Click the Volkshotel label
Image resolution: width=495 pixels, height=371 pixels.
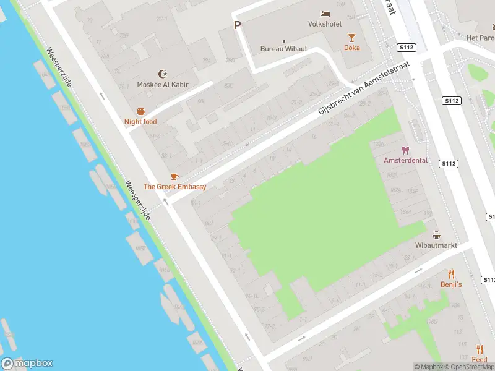coord(325,24)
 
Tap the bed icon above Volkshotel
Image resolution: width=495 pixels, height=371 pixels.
coord(325,14)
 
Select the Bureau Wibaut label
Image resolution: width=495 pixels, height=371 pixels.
coord(284,48)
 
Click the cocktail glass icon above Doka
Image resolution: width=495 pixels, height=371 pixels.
coord(352,37)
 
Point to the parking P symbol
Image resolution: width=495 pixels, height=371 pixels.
coord(236,25)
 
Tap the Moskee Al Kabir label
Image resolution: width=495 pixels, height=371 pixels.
coord(163,85)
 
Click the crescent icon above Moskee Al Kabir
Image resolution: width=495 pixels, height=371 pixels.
coord(163,74)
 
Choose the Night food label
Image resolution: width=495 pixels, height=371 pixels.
coord(140,122)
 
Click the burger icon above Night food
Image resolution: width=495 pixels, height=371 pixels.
coord(140,111)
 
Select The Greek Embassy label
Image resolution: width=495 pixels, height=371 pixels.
coord(174,187)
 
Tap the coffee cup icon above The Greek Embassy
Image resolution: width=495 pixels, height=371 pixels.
coord(174,176)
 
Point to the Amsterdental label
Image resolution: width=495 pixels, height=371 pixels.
coord(406,160)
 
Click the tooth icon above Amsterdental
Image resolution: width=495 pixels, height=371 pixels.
coord(406,150)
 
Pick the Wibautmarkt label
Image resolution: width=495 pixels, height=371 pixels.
coord(436,245)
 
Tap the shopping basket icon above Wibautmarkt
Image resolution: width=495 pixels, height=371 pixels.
coord(437,235)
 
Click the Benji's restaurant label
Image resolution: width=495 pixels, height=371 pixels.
coord(451,284)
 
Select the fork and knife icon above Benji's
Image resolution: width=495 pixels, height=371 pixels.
coord(451,273)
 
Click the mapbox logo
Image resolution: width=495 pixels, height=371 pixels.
coord(27,364)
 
